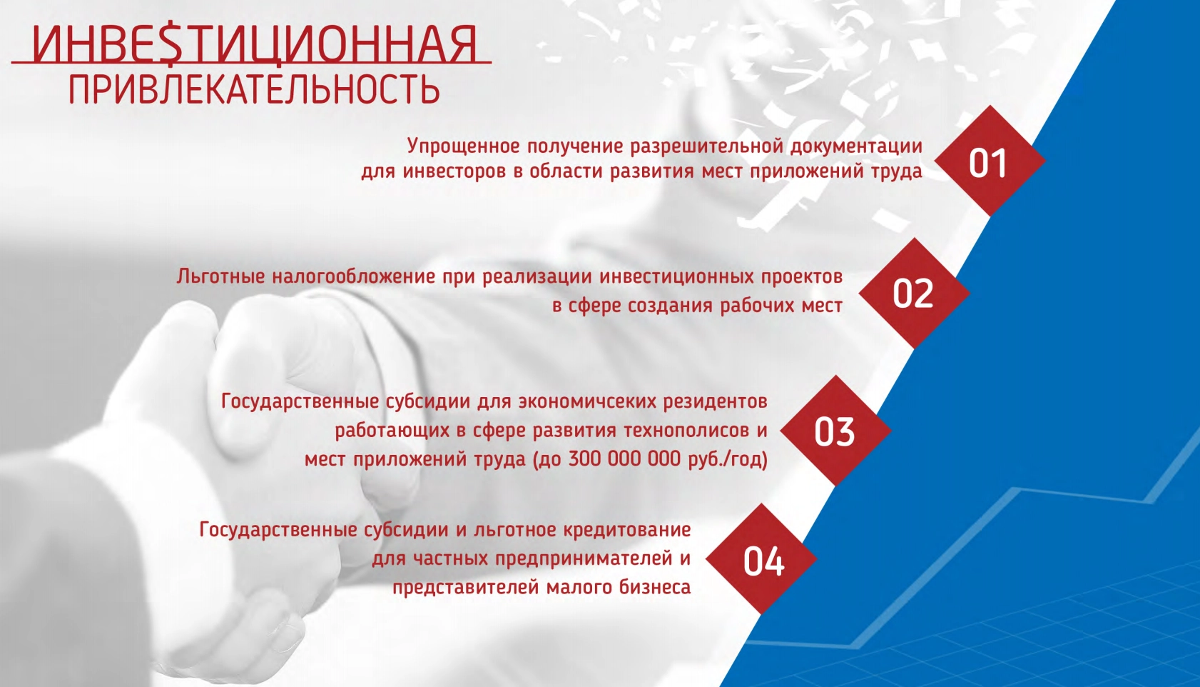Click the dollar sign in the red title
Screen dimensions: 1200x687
point(173,44)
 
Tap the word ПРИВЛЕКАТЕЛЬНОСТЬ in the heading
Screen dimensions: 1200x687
point(255,89)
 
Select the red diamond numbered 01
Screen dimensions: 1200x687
point(990,161)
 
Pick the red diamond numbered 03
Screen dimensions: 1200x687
point(835,430)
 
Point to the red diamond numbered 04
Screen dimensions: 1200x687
point(761,559)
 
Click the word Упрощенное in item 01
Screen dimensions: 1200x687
point(463,146)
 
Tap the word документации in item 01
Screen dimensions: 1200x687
point(856,147)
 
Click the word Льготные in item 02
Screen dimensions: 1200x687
point(220,276)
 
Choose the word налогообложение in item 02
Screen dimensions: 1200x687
point(354,277)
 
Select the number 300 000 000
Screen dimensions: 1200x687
point(625,459)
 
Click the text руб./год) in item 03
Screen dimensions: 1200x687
point(728,460)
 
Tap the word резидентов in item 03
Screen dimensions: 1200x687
point(715,402)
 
